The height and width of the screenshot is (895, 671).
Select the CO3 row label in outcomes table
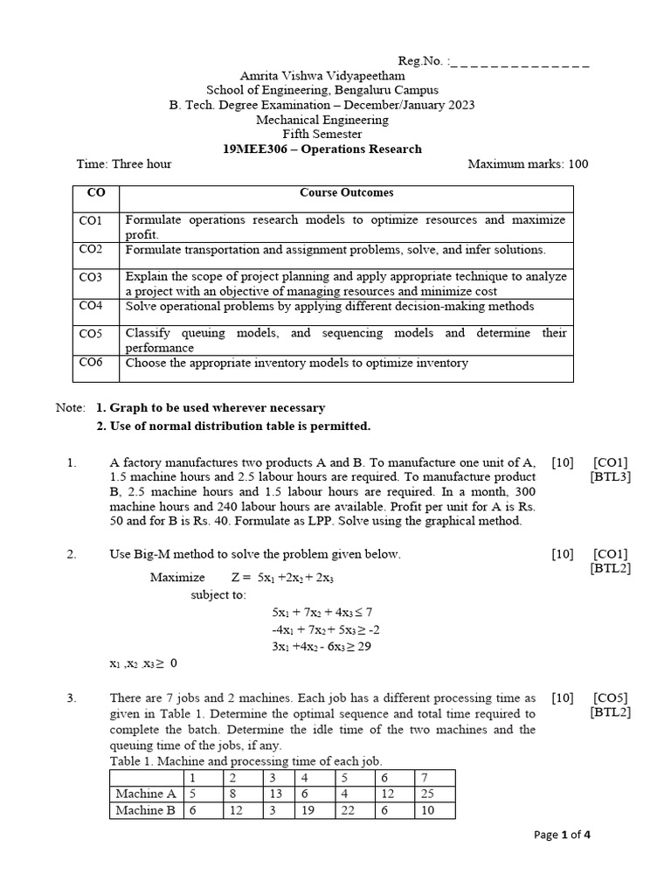(x=91, y=277)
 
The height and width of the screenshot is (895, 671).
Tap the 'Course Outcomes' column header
(x=347, y=192)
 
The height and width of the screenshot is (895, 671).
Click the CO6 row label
(x=91, y=362)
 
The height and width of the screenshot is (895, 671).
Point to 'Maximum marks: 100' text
(x=529, y=163)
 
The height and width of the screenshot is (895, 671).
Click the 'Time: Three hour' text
(x=124, y=163)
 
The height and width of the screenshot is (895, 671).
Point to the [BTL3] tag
(x=611, y=476)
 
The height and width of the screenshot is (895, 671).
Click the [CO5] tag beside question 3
(x=611, y=697)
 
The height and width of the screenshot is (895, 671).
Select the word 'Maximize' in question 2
(x=177, y=577)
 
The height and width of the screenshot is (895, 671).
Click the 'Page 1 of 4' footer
(x=563, y=835)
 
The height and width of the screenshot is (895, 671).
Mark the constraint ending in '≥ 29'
(x=322, y=646)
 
